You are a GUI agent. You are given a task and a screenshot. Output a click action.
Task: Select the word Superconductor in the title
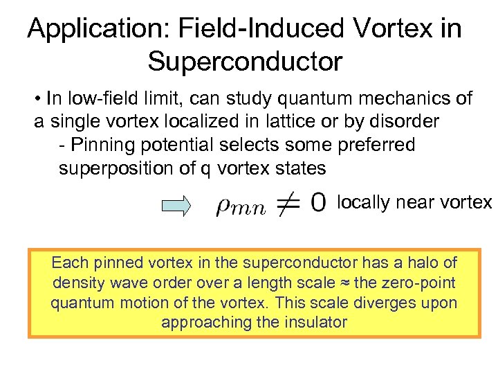tap(245, 62)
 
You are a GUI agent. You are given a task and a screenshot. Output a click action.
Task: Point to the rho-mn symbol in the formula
tap(240, 207)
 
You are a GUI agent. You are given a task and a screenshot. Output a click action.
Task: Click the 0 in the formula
tap(319, 203)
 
